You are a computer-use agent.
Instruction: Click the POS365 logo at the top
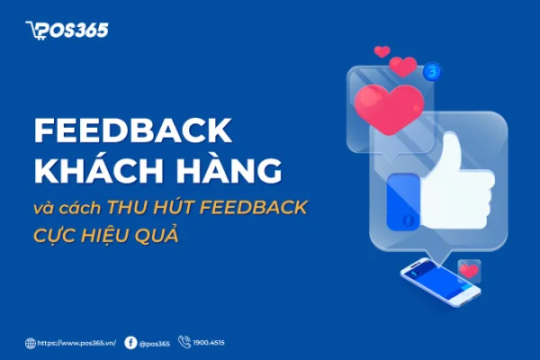tap(67, 31)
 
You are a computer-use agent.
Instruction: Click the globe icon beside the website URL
tap(31, 343)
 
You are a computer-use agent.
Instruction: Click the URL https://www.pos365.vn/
tap(76, 343)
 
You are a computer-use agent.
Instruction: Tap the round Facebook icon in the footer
tap(131, 343)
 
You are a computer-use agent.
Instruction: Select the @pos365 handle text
tap(155, 343)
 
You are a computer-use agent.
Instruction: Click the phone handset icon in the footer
tap(184, 342)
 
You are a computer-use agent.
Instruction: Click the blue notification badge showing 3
tap(435, 68)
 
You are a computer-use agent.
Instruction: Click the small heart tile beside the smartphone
tap(469, 270)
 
